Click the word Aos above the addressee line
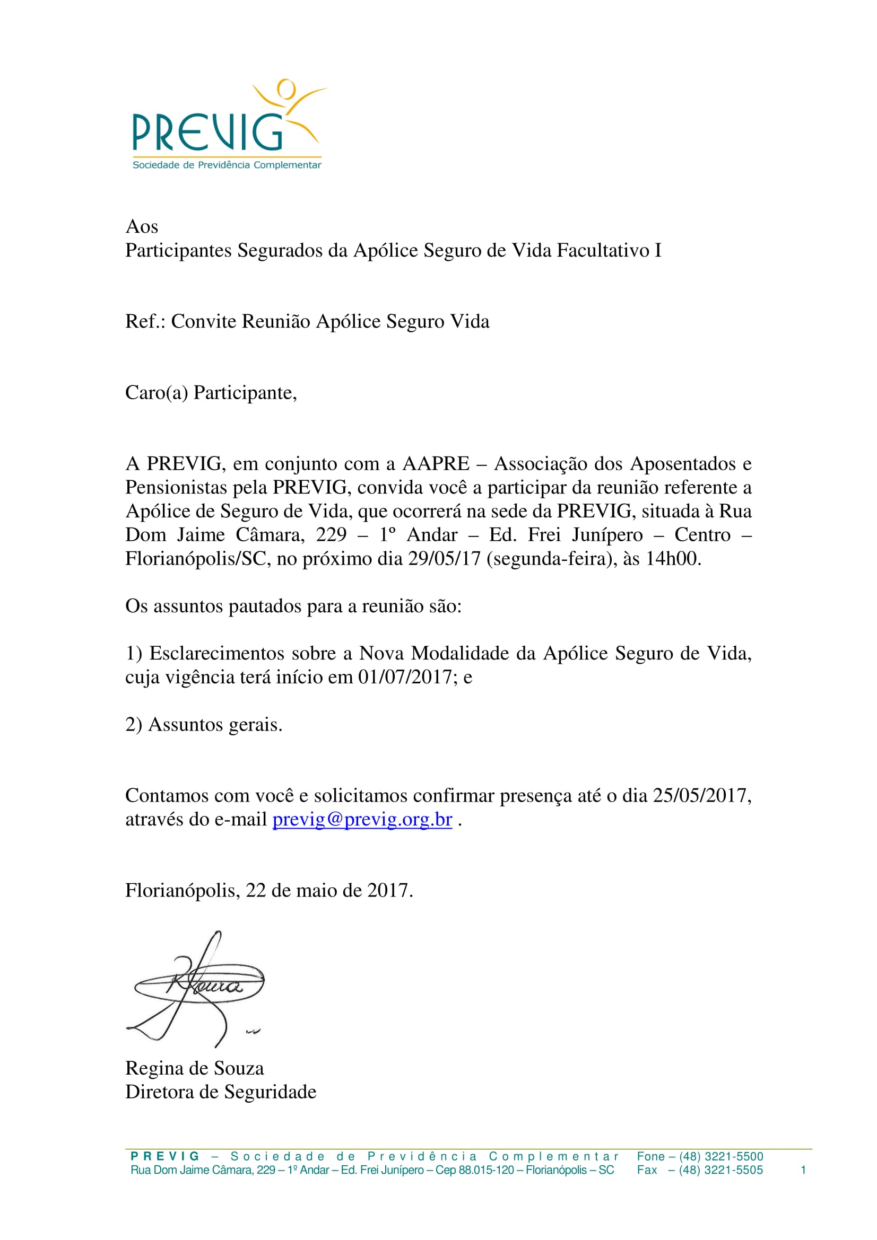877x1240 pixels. (142, 226)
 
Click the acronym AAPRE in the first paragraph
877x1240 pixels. (436, 463)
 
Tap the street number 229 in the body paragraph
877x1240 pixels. (331, 535)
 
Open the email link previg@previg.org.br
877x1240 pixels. (362, 819)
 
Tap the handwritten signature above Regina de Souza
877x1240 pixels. (197, 988)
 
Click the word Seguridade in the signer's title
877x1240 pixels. (270, 1092)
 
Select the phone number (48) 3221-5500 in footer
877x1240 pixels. (721, 1156)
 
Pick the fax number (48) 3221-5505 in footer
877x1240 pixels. (721, 1170)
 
